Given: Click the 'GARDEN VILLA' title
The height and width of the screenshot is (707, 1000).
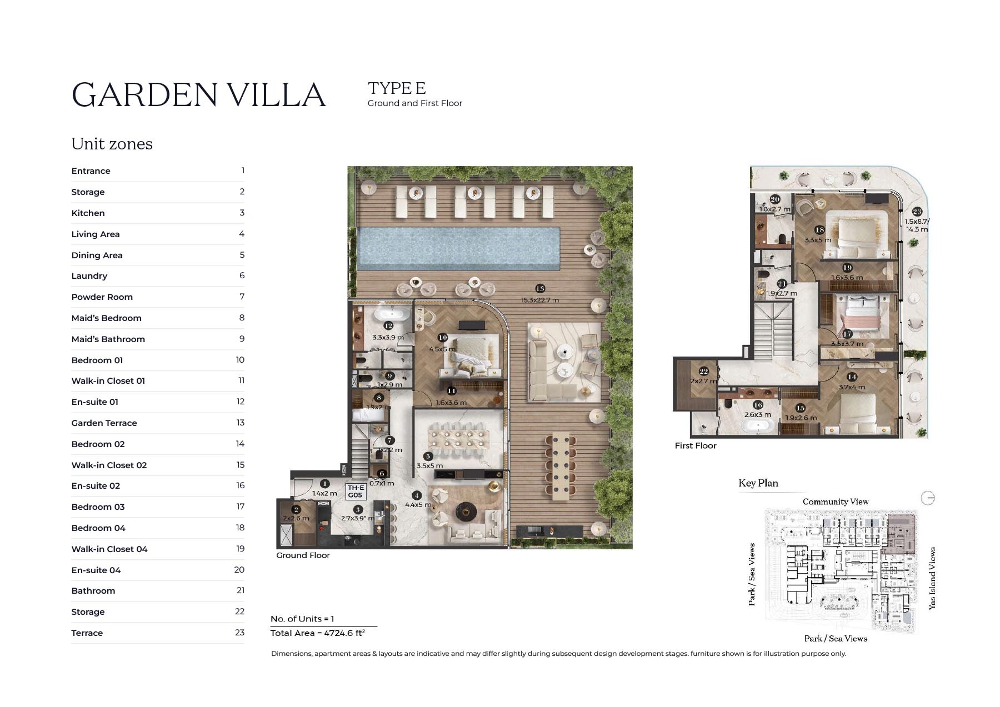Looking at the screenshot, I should tap(198, 95).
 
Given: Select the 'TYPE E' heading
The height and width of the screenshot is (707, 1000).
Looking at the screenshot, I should tap(396, 88).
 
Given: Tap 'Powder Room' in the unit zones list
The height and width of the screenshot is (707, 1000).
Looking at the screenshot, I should tap(102, 297).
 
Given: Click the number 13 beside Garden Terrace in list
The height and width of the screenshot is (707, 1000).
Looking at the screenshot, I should tap(240, 423).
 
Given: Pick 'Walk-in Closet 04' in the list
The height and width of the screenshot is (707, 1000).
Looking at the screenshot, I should tap(109, 549).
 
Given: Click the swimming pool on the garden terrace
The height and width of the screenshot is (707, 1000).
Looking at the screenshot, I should tap(458, 248).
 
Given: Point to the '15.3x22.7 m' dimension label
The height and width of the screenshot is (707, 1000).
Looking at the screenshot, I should tap(539, 300).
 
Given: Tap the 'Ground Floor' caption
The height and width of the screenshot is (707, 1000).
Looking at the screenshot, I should tap(303, 555).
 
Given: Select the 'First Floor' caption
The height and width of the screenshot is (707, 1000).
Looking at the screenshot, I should tap(695, 445).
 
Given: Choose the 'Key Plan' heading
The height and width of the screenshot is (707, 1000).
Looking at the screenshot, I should tap(758, 483).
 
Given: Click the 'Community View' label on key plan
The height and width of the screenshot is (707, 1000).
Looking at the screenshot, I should tap(835, 502).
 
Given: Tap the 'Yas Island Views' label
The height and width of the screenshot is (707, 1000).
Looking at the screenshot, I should tap(932, 578).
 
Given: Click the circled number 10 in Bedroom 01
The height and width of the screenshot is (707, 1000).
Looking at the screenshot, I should tap(442, 338).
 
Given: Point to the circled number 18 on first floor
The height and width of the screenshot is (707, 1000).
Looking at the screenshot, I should tap(819, 230).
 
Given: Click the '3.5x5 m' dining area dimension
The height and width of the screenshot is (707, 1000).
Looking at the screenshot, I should tap(429, 466).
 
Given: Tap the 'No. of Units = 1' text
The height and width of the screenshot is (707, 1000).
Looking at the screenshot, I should tap(302, 619).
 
